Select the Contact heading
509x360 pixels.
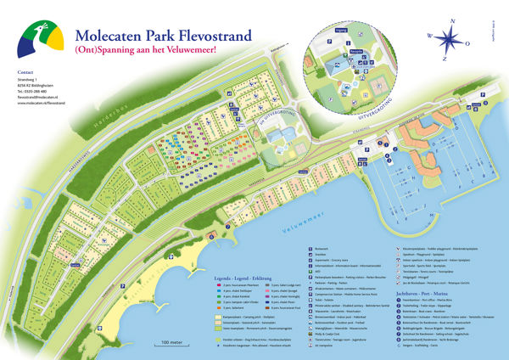pyautogui.click(x=25, y=74)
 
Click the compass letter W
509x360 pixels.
pyautogui.click(x=432, y=36)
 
